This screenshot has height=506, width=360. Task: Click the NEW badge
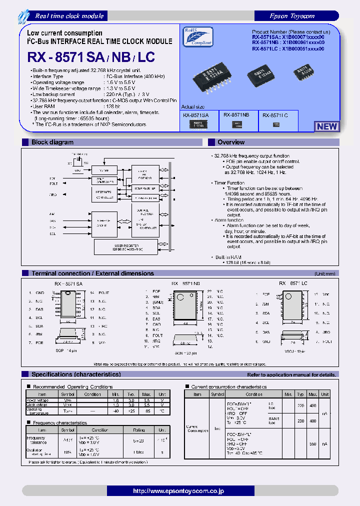(x=326, y=126)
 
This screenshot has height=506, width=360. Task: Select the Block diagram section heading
(x=52, y=142)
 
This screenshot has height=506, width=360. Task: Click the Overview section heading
(x=231, y=142)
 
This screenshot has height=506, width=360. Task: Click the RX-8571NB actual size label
(x=236, y=115)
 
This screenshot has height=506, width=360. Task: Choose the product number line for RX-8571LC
(x=288, y=49)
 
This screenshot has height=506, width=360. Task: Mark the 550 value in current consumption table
(x=312, y=443)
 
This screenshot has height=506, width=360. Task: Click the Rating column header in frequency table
(x=139, y=430)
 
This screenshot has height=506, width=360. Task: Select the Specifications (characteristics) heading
(x=75, y=374)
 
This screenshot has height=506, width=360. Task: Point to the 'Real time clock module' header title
(x=69, y=16)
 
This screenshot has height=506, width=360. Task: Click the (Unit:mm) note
(x=325, y=274)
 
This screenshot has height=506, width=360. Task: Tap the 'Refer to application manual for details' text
(x=291, y=374)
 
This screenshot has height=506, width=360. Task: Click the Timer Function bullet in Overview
(x=229, y=183)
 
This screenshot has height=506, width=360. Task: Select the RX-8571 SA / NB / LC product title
(x=91, y=57)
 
